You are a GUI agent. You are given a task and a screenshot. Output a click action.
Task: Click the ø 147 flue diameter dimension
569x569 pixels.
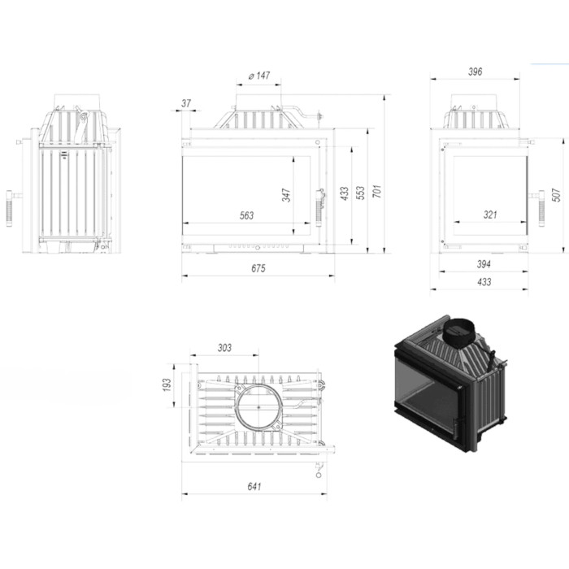click(x=259, y=76)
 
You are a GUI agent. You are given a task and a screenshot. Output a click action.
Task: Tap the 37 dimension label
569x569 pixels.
click(x=186, y=103)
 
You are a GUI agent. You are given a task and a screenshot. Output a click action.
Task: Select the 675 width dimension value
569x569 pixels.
click(x=258, y=268)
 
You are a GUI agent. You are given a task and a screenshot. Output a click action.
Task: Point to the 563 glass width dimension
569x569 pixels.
click(x=247, y=215)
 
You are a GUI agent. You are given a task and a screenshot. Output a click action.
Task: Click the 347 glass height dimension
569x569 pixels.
click(x=286, y=195)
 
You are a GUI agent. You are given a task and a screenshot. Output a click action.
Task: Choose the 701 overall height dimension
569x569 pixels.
click(x=377, y=191)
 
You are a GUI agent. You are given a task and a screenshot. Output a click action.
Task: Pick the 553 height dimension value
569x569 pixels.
click(x=360, y=193)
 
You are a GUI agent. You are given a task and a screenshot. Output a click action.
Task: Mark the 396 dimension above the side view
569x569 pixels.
click(x=475, y=72)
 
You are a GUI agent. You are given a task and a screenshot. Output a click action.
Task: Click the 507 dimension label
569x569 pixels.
click(x=556, y=195)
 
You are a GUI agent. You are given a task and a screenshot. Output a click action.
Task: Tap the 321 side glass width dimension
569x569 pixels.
click(x=490, y=215)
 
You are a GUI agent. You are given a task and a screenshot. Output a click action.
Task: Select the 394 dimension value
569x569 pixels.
click(x=484, y=264)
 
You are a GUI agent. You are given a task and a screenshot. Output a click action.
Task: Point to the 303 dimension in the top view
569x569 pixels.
click(x=224, y=348)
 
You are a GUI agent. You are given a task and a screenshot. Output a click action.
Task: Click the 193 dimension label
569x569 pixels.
click(x=167, y=385)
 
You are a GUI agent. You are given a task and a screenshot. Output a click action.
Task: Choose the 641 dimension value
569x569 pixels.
click(x=254, y=486)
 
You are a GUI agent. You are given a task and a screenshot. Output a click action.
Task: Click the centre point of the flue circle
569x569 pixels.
click(x=258, y=407)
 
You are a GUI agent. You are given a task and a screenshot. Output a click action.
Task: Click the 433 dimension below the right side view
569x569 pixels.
click(x=484, y=282)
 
